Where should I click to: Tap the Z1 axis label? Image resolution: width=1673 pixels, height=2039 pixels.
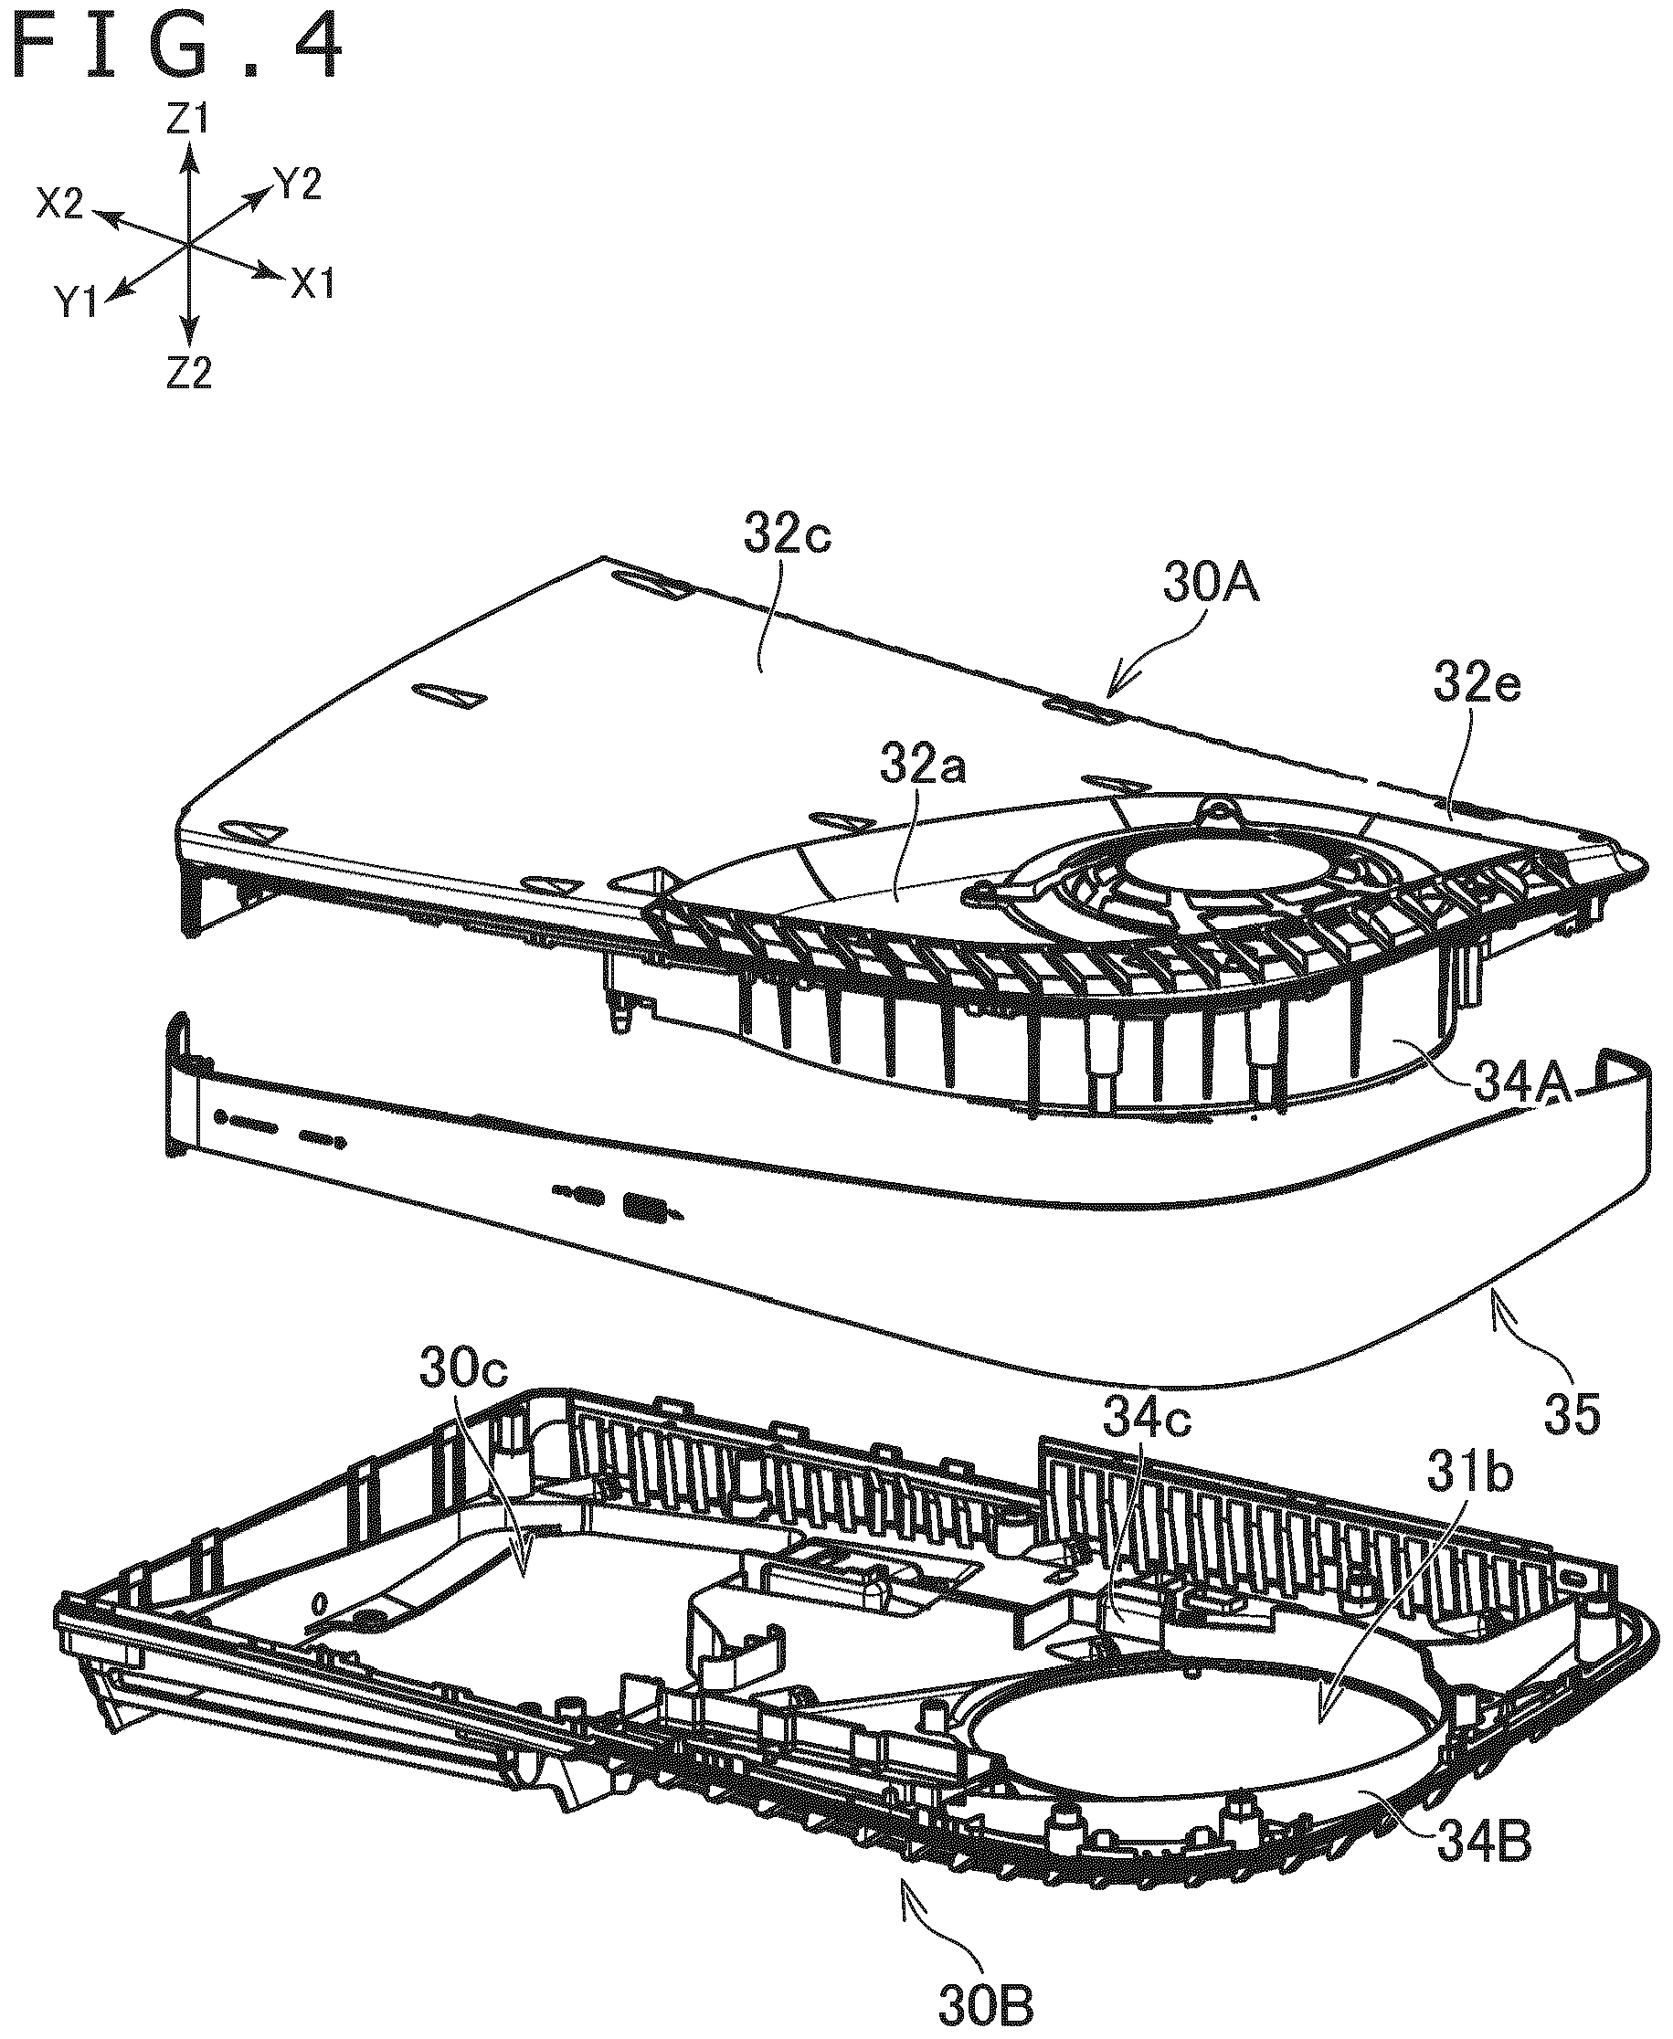(188, 120)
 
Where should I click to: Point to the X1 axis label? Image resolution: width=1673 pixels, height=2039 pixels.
(312, 283)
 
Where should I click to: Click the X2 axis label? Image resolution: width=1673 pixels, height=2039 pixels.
(60, 204)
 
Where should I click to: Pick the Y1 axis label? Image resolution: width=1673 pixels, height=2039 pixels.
(77, 303)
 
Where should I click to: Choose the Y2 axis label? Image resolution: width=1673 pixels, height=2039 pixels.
(297, 183)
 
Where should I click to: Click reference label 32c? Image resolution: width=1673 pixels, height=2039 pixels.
(788, 537)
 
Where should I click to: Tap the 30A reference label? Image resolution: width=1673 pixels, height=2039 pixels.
(1212, 585)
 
